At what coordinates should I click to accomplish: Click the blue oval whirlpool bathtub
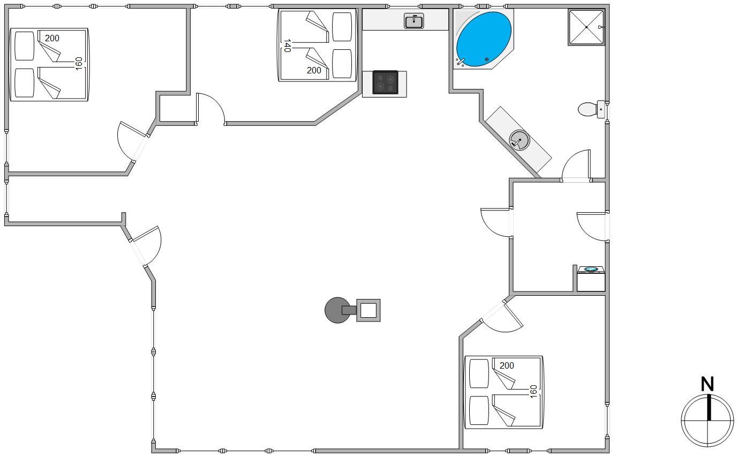click(484, 39)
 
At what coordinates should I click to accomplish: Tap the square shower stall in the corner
click(586, 27)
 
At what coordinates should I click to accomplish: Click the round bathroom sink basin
click(519, 140)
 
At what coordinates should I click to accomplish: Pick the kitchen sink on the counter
click(413, 21)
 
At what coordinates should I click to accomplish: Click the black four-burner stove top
click(385, 83)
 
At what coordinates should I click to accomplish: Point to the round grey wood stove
click(337, 310)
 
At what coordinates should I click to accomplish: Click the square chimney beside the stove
click(369, 310)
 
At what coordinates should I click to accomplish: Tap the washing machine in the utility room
click(591, 279)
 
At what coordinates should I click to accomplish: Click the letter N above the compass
click(708, 384)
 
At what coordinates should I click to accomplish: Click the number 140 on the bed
click(287, 46)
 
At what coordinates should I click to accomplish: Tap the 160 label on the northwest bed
click(79, 64)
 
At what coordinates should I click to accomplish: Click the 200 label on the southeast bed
click(507, 365)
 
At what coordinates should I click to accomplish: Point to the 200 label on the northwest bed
click(52, 38)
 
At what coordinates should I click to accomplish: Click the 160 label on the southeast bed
click(533, 392)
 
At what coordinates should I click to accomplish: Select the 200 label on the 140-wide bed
click(314, 71)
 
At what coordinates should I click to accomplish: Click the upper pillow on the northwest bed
click(25, 46)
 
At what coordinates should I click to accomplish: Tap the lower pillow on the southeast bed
click(479, 410)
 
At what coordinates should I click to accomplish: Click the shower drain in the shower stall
click(586, 27)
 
